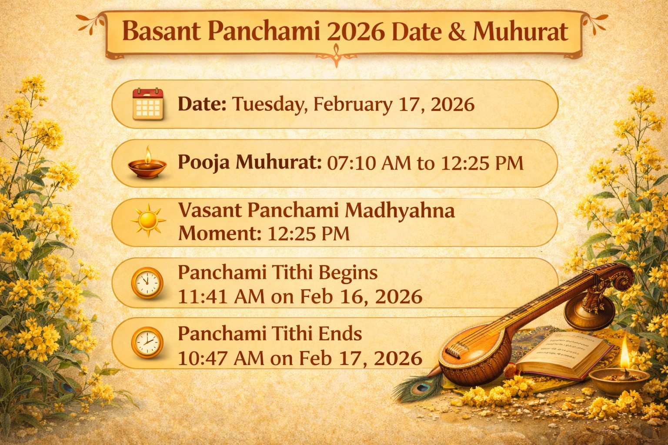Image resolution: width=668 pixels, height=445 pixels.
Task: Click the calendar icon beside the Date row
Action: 147,104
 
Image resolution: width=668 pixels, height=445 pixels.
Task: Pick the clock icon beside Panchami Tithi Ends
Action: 147,343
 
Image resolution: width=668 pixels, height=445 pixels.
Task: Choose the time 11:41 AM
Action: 221,298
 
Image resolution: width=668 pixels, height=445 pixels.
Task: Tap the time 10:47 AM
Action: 221,359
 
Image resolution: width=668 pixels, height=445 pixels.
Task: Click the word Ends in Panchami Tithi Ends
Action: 340,334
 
